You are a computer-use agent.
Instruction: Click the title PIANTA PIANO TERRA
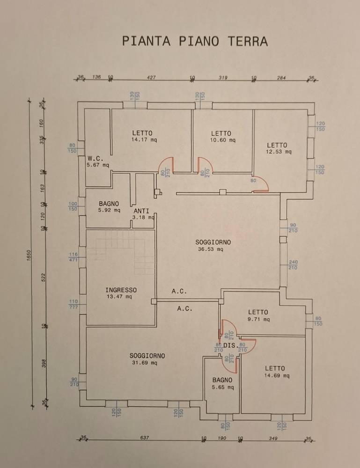tap(195, 41)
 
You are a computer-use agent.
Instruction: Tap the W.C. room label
tap(95, 159)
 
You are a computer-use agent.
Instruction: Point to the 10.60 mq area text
tap(221, 140)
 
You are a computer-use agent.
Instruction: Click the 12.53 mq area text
tap(279, 152)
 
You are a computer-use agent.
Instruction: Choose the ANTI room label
tap(141, 211)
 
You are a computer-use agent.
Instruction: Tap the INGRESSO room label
tap(121, 290)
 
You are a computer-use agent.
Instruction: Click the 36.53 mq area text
tap(210, 249)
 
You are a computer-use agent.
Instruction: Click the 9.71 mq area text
tap(258, 320)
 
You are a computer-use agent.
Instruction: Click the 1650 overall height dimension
tap(29, 256)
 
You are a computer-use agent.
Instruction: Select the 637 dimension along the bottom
tap(144, 438)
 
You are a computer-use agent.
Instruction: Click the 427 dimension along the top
tap(151, 78)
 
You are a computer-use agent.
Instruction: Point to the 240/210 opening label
tap(293, 265)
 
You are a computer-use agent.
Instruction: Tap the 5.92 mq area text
tap(109, 211)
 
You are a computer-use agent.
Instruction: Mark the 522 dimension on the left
tap(44, 277)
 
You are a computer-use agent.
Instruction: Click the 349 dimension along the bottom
tap(273, 438)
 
